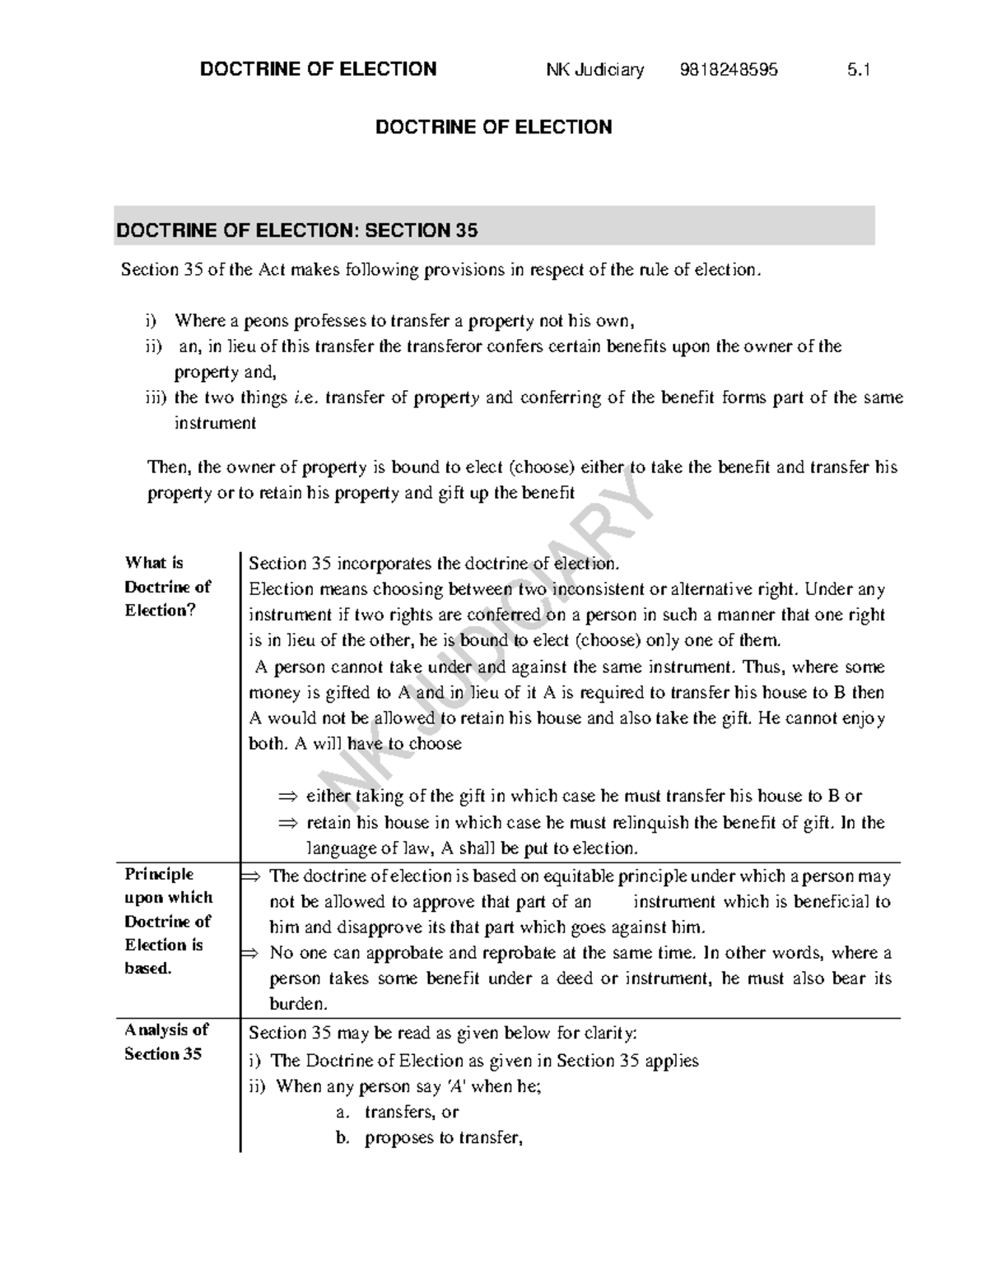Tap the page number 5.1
858,70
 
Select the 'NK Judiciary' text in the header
594,70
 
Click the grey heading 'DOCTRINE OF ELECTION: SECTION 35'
297,230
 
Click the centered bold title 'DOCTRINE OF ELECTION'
493,128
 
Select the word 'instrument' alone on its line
215,423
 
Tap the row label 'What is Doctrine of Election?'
167,587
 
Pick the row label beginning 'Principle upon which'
168,921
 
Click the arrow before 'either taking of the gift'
287,797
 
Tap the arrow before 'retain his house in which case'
287,823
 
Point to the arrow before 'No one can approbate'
248,953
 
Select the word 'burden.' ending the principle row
298,1004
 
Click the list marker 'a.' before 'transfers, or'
343,1113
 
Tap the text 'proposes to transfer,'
443,1139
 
